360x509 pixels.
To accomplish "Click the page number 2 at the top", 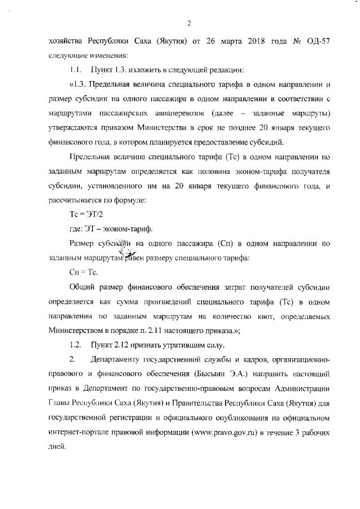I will point(190,23).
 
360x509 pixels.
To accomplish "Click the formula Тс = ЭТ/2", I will point(82,214).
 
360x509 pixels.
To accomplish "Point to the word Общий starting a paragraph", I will point(82,287).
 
